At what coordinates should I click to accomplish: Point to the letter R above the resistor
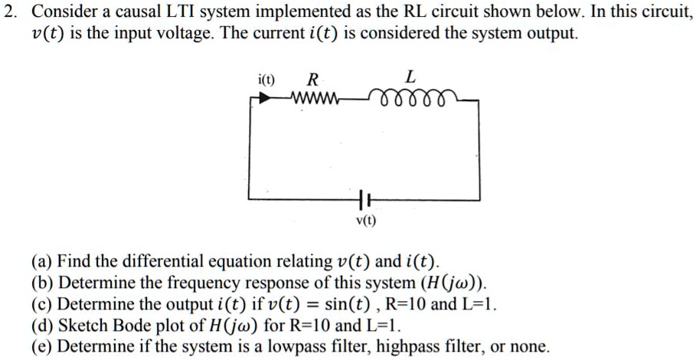click(312, 78)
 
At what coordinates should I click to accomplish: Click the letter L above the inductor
click(411, 77)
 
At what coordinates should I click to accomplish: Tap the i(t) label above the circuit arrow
click(267, 79)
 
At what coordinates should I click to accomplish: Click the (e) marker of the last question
click(43, 346)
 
